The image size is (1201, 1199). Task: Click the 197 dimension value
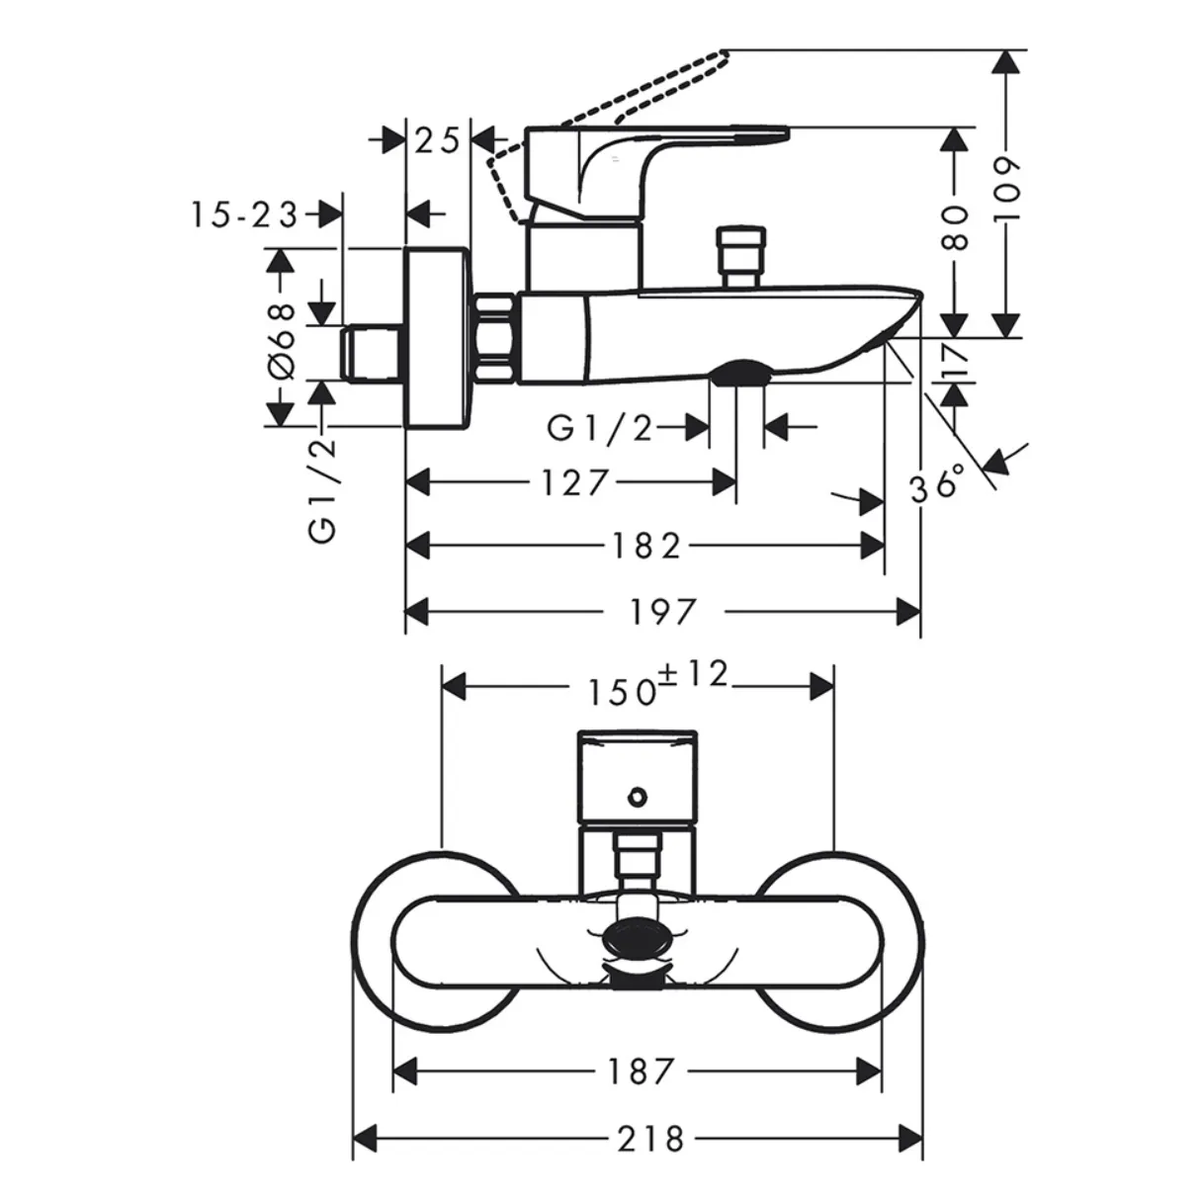(662, 612)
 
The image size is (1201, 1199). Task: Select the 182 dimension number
(646, 547)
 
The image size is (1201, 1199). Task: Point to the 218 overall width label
(650, 1140)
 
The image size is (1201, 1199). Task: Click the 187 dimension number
(641, 1071)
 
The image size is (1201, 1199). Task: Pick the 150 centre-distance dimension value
(624, 693)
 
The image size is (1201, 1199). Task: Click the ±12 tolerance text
(694, 674)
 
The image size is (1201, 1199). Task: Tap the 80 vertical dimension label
(955, 227)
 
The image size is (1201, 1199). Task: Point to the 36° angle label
(937, 482)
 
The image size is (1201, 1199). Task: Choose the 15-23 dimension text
(244, 215)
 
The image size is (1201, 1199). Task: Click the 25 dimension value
(438, 140)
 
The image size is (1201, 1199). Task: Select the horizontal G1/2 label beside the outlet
(600, 428)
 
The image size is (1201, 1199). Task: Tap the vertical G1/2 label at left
(323, 490)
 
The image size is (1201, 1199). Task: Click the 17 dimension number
(956, 362)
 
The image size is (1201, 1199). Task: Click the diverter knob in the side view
(741, 258)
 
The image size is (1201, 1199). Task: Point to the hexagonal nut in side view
(495, 337)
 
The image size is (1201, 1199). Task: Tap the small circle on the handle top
(638, 797)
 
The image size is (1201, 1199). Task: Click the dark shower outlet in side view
(739, 373)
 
